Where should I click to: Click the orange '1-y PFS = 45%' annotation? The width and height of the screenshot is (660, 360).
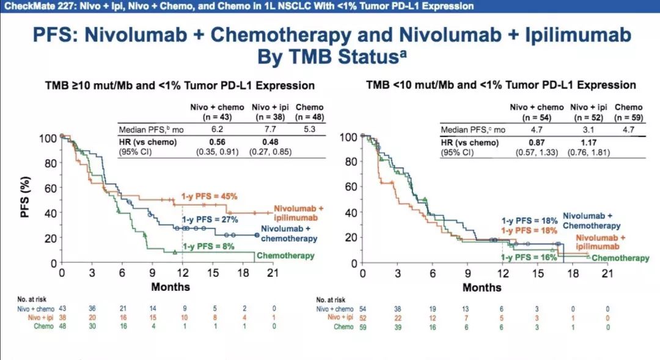coord(208,196)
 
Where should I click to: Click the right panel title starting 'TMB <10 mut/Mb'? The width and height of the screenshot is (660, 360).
coord(501,85)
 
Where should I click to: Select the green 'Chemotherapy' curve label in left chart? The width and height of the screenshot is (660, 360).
coord(286,255)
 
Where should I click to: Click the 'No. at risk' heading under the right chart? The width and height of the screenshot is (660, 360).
coord(329,299)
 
